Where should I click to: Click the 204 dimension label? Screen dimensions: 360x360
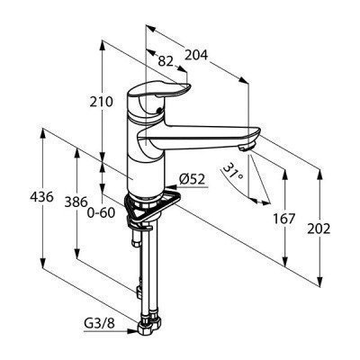click(196, 55)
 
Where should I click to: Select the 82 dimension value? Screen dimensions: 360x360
click(166, 61)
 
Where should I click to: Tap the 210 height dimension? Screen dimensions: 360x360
click(102, 102)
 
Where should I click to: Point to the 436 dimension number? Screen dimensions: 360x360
click(41, 197)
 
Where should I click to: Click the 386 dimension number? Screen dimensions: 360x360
click(76, 202)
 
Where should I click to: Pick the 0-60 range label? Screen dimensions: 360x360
click(101, 213)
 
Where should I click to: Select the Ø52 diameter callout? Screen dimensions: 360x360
click(192, 179)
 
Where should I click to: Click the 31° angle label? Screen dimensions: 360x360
click(234, 173)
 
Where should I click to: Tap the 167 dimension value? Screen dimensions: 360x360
click(284, 219)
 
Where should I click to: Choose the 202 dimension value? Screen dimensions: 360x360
click(319, 229)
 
